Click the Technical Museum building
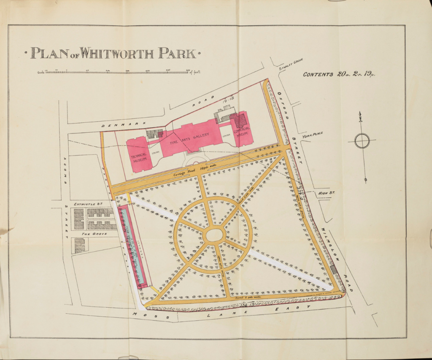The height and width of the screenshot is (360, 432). tap(140, 154)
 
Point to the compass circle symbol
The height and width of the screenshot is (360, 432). tap(362, 141)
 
